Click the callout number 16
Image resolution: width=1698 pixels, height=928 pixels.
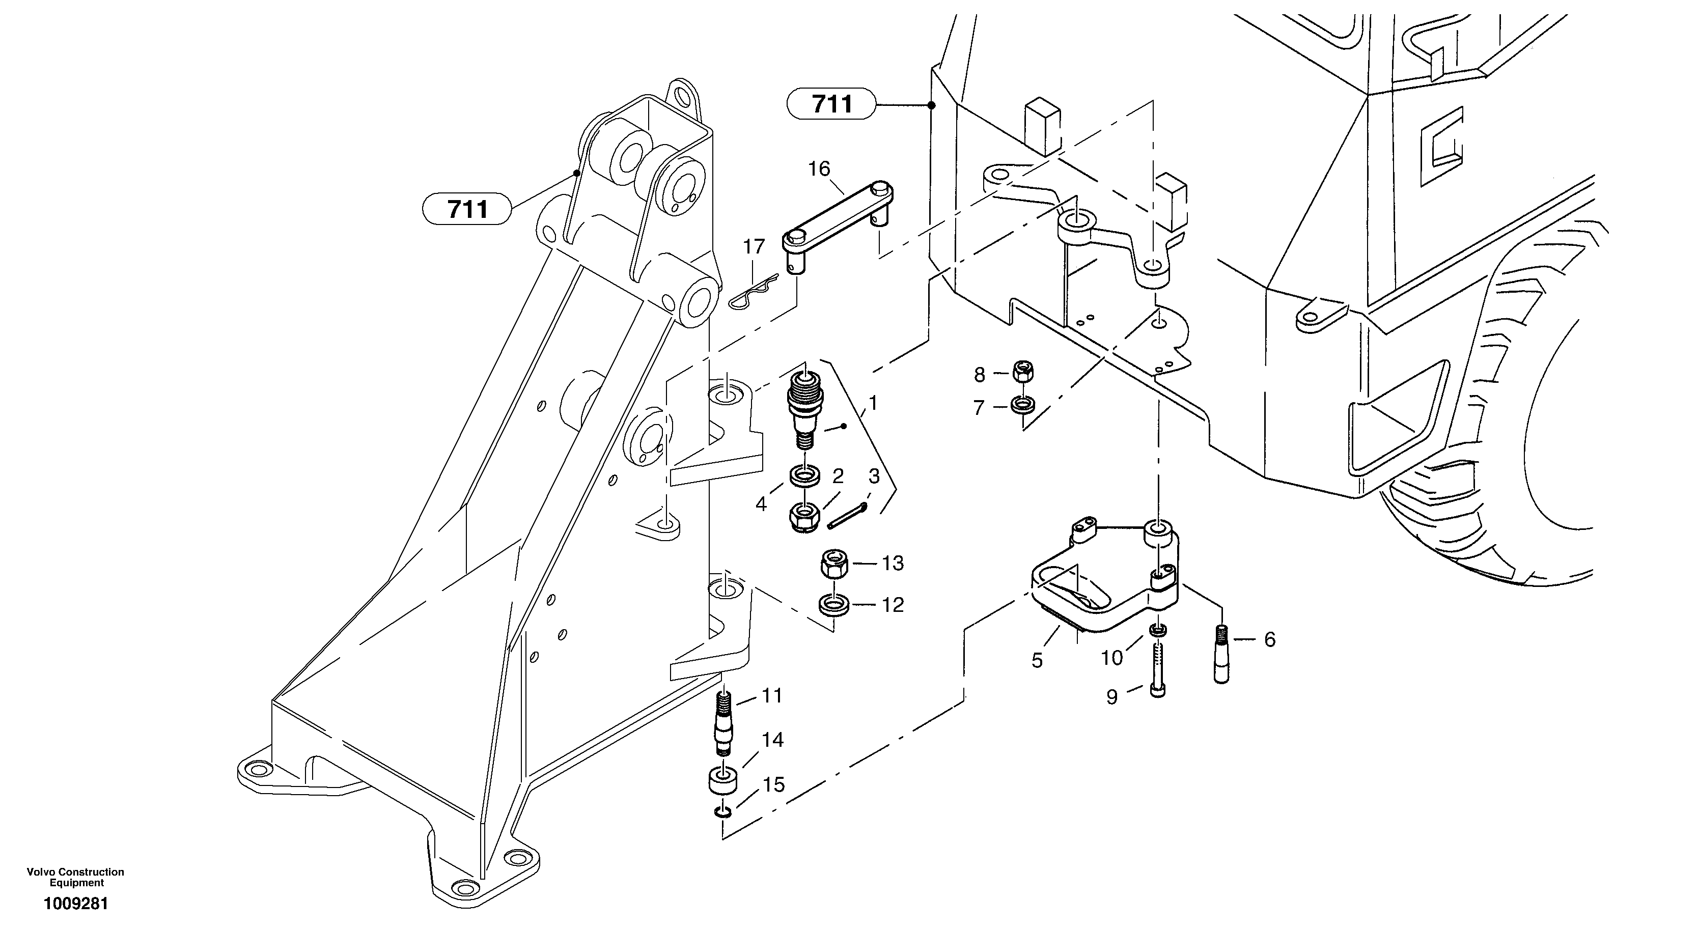point(819,170)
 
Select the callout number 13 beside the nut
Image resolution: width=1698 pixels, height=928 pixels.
point(893,564)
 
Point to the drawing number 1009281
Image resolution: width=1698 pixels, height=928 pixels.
point(76,904)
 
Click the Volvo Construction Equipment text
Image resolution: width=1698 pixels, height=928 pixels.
point(76,877)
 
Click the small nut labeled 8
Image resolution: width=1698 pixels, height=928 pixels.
point(1022,373)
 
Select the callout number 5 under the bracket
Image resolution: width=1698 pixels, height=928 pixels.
point(1037,660)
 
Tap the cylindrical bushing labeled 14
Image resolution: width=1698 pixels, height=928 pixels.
point(723,780)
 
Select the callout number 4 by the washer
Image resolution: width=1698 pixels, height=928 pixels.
point(761,504)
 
